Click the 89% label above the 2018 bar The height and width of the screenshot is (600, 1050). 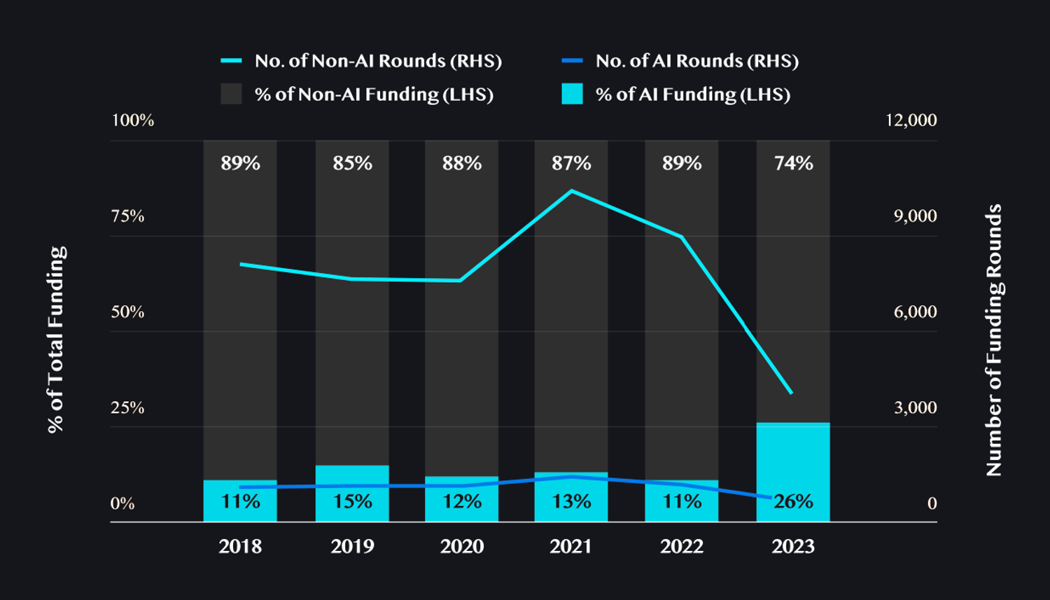[240, 163]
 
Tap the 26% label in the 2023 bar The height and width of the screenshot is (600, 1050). [793, 501]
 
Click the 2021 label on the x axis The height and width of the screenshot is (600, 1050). [570, 546]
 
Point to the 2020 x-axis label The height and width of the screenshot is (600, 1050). [461, 546]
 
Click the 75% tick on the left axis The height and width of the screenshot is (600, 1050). [127, 216]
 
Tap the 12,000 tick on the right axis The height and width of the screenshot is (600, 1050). [911, 120]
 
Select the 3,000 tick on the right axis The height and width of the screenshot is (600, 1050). [915, 407]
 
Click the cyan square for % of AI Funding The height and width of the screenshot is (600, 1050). [572, 94]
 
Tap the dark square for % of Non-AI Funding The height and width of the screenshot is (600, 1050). [231, 94]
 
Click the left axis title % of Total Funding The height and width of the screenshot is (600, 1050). [56, 340]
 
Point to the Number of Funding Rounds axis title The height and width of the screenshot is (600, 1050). [994, 340]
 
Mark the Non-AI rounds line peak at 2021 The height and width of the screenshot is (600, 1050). [571, 190]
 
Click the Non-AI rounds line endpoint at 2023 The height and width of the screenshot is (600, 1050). [791, 393]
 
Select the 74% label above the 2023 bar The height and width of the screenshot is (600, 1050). [793, 163]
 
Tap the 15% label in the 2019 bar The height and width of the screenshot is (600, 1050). [352, 501]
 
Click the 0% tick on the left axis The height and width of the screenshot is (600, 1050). [122, 503]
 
